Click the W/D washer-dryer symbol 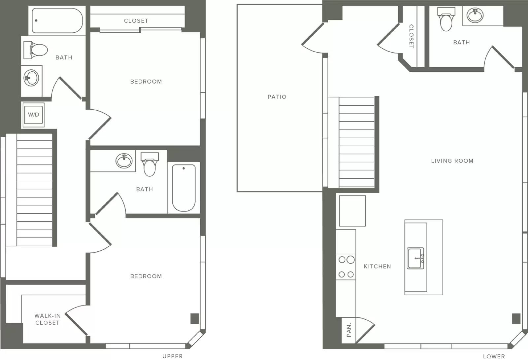coord(33,115)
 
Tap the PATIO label coord(277,97)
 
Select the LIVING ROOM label coord(452,161)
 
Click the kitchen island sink coord(415,258)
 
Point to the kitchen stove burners coord(346,267)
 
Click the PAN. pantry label coord(349,330)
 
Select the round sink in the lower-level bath coord(475,15)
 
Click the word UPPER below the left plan coord(172,356)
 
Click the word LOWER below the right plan coord(494,356)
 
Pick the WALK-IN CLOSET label coord(48,319)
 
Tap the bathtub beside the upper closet coord(57,20)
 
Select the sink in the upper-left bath coord(31,78)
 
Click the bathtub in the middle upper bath coord(183,188)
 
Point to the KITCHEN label coord(378,266)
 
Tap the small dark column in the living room coord(516,318)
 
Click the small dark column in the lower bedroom coord(194,318)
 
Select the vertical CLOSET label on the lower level coord(411,36)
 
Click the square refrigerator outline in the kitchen coord(352,211)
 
